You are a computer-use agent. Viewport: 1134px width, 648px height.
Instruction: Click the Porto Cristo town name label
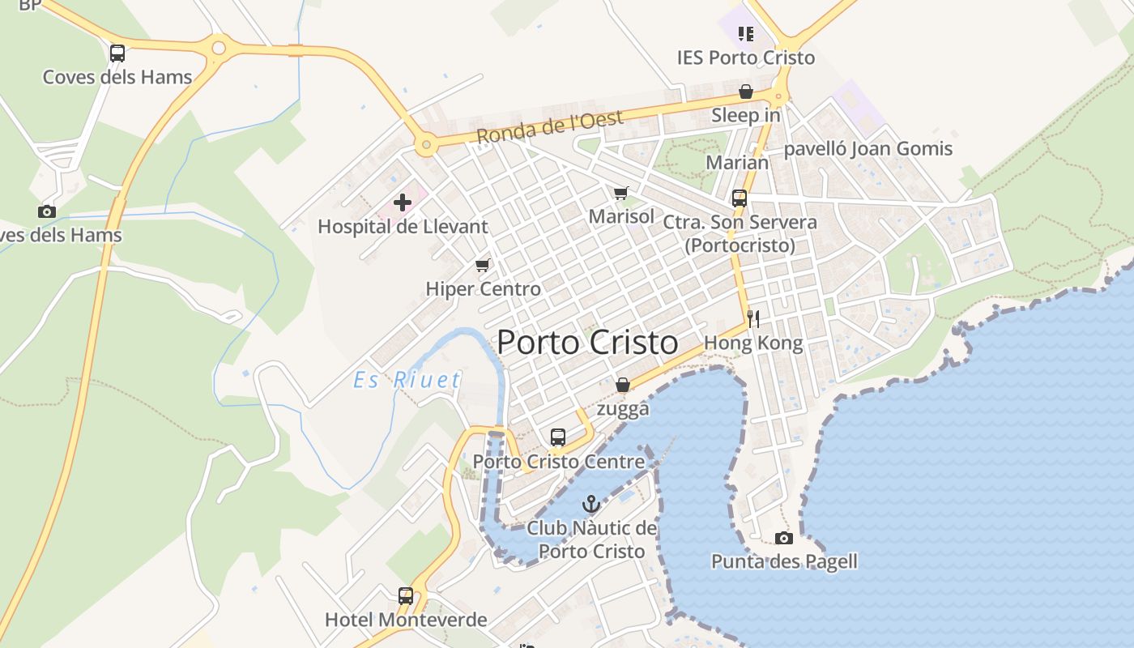(x=587, y=342)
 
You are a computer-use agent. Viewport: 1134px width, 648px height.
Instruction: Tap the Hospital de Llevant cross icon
(x=403, y=202)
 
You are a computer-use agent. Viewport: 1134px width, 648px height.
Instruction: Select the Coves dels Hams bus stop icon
(x=117, y=53)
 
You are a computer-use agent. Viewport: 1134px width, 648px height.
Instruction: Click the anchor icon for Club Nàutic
(x=591, y=504)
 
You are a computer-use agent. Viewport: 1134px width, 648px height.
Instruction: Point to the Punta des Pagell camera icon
(x=783, y=538)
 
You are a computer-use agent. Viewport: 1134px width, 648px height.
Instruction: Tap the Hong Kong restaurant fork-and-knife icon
(x=753, y=318)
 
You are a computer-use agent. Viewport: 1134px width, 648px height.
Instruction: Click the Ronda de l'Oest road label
(x=550, y=127)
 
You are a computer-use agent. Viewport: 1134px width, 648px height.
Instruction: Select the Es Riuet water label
(x=407, y=380)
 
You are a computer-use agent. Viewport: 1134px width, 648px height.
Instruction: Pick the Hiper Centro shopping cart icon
(x=483, y=265)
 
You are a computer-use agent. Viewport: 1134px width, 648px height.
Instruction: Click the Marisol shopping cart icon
(x=620, y=193)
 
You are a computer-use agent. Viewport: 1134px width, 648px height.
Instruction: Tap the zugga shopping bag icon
(x=622, y=385)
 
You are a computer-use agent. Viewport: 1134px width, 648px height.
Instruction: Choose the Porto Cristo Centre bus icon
(x=558, y=437)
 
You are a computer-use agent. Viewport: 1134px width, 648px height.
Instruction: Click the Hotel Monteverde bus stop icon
(x=406, y=596)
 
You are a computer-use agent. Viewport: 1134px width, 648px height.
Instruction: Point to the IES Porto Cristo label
(x=746, y=58)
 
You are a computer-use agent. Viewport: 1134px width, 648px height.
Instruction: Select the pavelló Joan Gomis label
(x=868, y=149)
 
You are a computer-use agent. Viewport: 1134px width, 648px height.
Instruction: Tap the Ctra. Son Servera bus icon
(x=739, y=198)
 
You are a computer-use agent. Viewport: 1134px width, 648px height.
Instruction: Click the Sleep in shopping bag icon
(x=745, y=92)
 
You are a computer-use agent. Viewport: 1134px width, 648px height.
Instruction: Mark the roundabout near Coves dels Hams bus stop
(x=218, y=48)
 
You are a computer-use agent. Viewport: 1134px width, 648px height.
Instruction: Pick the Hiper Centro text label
(x=483, y=289)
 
